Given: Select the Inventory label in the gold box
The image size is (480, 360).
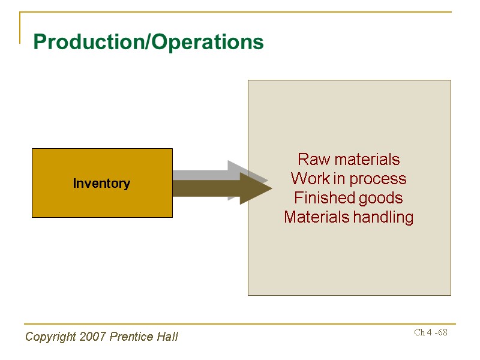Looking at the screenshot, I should pos(101,184).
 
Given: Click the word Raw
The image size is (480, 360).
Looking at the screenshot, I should pos(310,160).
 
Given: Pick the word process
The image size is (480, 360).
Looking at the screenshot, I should pos(378,179).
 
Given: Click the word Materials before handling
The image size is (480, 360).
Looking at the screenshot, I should pos(316,217).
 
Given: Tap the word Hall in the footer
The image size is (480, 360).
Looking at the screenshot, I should pos(167,337).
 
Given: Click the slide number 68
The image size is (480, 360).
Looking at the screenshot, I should pos(443,332).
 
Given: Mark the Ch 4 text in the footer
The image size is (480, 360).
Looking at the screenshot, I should pos(422,332).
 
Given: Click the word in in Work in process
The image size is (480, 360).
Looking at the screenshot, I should pos(338,179).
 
